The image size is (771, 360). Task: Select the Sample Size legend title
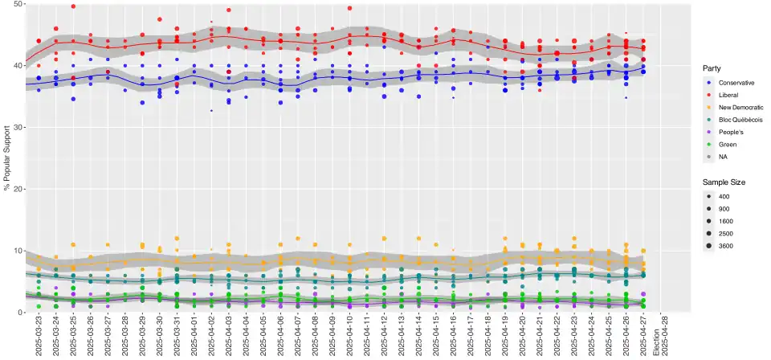point(724,182)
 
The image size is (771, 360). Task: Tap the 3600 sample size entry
point(727,246)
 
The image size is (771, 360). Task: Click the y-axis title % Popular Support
point(7,157)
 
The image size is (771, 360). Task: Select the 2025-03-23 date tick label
point(39,337)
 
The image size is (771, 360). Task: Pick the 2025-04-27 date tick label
point(643,337)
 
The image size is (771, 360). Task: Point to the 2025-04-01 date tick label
point(194,337)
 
